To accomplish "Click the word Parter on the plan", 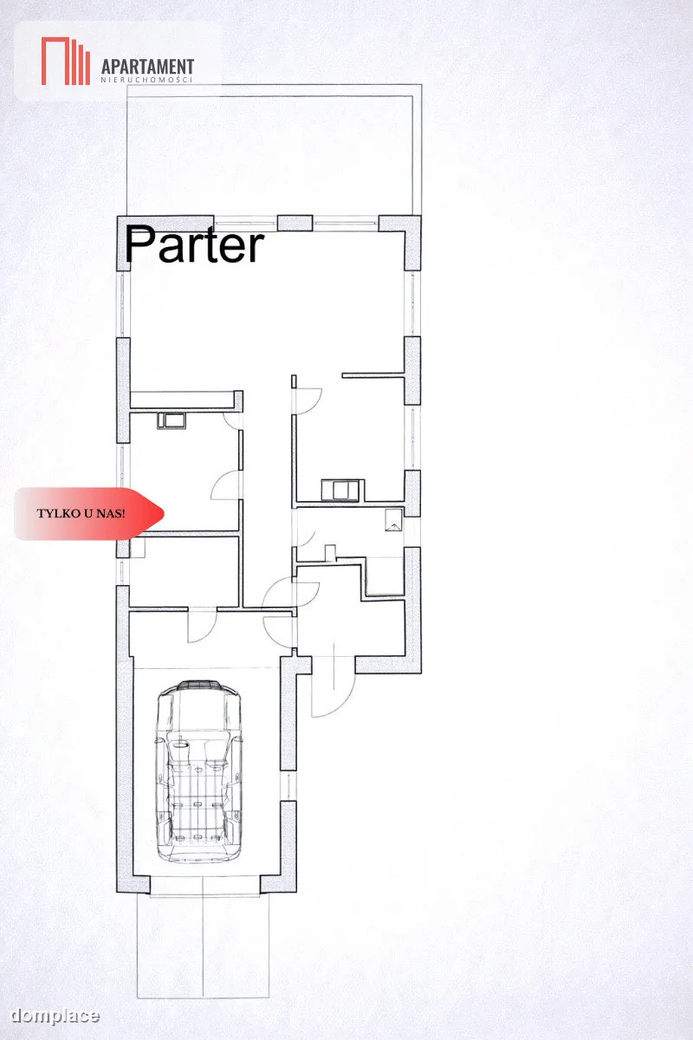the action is point(195,244).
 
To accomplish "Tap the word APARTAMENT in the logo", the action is point(147,67).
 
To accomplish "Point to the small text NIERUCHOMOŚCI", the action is point(146,80).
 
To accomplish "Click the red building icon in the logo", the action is point(66,61).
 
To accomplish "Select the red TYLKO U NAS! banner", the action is point(88,513).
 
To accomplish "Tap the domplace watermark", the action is point(55,1016).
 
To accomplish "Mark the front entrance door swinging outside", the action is point(334,686).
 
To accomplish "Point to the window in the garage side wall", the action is point(288,785).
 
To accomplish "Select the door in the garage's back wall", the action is point(202,625).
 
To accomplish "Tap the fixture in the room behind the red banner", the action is point(172,420).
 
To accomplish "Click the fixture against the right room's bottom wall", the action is point(340,491).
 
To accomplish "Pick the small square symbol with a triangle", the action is point(393,519).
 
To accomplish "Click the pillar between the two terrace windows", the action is point(295,223).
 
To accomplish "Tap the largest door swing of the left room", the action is point(226,485).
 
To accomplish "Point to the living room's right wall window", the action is point(411,303).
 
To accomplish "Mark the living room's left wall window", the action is point(122,304).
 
